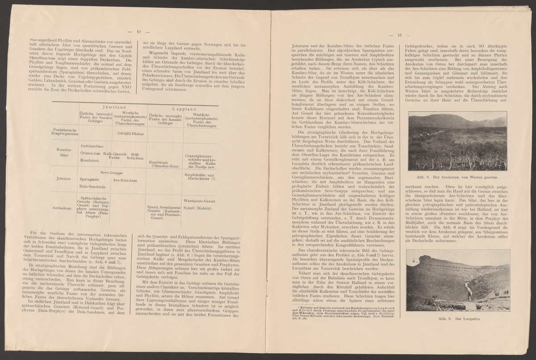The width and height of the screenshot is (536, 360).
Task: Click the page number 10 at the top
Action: point(138,32)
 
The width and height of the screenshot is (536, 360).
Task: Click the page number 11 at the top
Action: point(400,36)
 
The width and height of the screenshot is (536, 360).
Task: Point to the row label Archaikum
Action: point(62,208)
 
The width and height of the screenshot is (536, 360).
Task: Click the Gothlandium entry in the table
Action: point(92,146)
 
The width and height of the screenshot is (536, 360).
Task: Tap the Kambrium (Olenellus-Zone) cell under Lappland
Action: point(163,164)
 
